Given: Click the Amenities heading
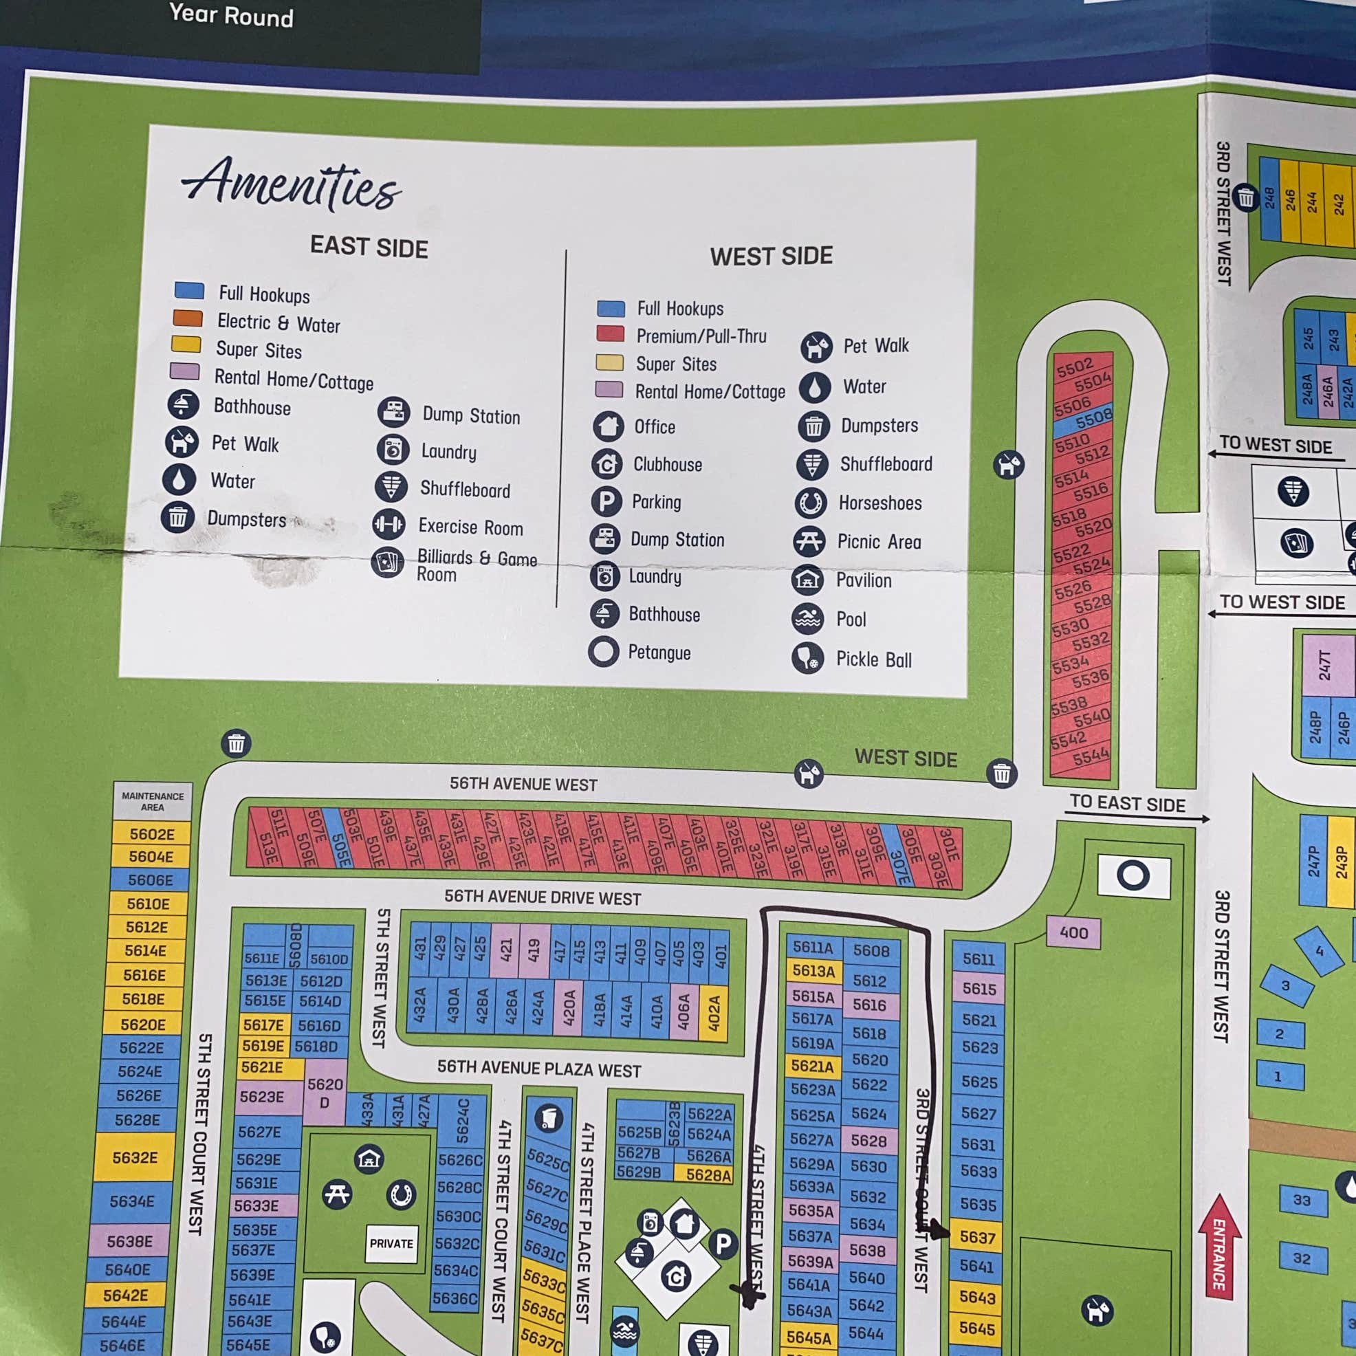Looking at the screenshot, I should coord(292,184).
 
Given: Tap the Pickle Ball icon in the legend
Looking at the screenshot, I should coord(807,658).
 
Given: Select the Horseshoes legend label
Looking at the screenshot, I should coord(880,503).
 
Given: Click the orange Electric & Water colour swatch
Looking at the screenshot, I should coord(188,318).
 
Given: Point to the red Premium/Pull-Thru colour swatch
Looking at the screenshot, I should coord(610,333).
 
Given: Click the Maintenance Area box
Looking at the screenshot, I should coord(152,802).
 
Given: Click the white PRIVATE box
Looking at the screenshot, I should coord(391,1244).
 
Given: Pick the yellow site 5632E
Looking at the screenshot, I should coord(135,1157).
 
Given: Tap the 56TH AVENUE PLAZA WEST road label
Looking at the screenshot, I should coord(538,1069).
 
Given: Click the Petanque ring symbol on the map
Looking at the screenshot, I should coord(1133,875).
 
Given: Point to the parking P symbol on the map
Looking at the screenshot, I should coord(723,1244).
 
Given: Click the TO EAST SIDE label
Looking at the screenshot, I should coord(1127,804).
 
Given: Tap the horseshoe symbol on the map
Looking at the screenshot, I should coord(402,1194).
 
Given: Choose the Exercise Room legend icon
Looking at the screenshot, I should coord(388,524).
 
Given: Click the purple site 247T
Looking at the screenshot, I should coord(1324,665).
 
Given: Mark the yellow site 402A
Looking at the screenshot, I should coord(714,1013).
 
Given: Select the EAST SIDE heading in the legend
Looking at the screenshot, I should coord(369,247).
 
